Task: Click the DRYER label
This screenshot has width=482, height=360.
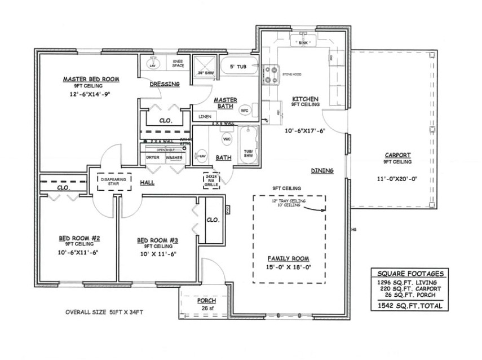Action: [153, 157]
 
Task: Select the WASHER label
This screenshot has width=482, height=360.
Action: [174, 157]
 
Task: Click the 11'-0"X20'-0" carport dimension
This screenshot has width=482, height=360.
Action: [397, 179]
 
